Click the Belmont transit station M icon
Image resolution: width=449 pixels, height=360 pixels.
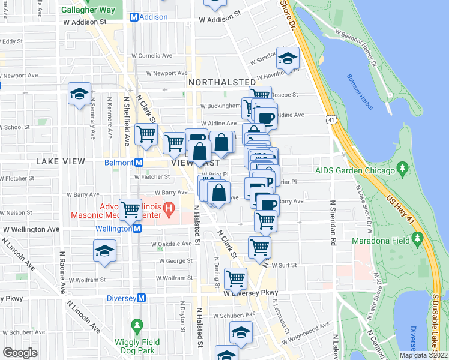tap(139, 162)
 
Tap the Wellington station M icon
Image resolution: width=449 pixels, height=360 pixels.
tap(137, 229)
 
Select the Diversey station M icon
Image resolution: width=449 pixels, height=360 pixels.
tap(142, 298)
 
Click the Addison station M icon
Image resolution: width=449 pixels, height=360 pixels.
tap(134, 17)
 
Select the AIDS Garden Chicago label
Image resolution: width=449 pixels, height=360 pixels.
tap(364, 171)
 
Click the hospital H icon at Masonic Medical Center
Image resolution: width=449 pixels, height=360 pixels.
tap(170, 209)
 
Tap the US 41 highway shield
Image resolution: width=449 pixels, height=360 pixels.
tap(331, 119)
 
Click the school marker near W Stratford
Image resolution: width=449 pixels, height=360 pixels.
tap(288, 58)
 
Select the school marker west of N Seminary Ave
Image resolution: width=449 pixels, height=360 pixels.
tap(79, 94)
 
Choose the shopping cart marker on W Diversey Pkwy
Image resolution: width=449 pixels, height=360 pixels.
tap(235, 278)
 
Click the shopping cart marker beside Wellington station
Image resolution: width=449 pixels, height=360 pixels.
tap(131, 209)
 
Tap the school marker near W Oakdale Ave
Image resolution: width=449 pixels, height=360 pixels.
tap(105, 250)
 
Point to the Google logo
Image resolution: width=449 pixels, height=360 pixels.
tap(20, 353)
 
